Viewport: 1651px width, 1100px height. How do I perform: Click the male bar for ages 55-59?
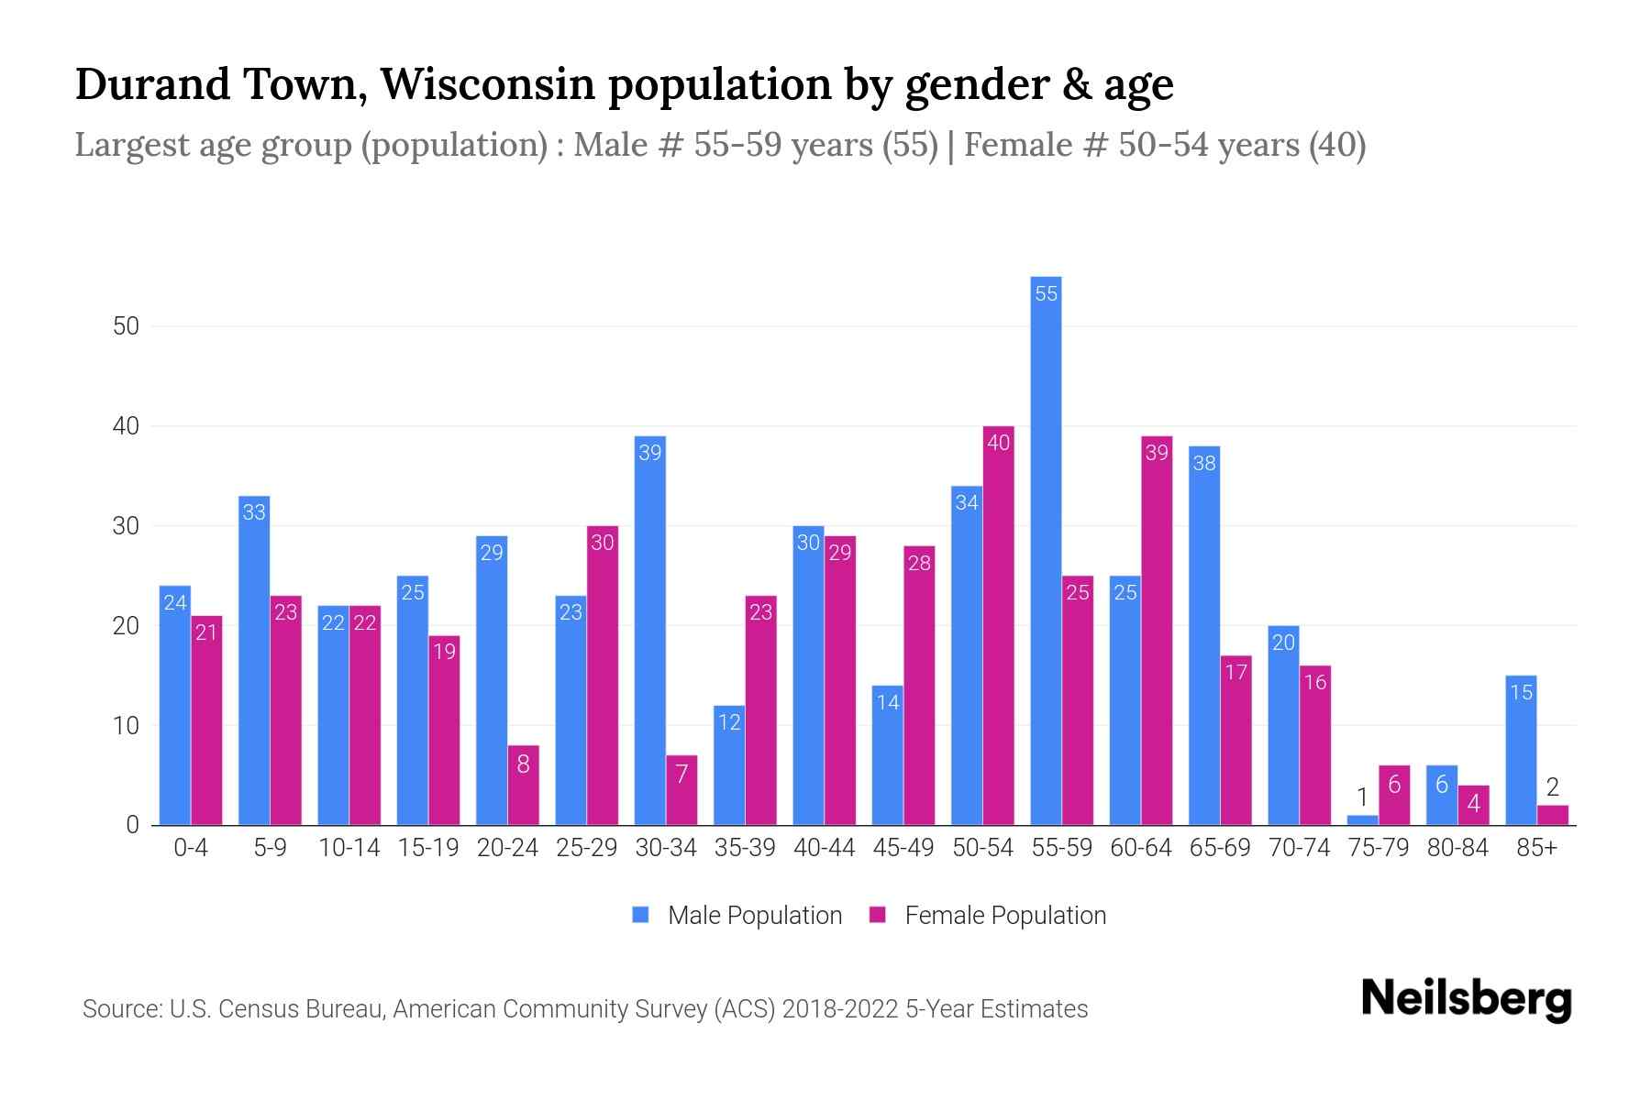[1046, 550]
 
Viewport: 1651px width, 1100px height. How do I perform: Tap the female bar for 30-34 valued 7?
[681, 790]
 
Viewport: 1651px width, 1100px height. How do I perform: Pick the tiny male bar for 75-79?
[1362, 820]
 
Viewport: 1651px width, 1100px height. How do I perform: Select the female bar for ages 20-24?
[523, 785]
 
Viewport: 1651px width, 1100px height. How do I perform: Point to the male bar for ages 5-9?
[254, 660]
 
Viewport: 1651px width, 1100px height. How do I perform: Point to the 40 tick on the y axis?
[126, 426]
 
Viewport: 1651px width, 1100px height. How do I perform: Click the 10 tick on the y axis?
[126, 726]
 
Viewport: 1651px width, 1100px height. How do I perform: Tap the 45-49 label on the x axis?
[903, 848]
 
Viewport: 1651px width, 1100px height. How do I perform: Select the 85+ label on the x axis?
[1536, 848]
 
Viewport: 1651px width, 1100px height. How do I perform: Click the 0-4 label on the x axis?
[191, 848]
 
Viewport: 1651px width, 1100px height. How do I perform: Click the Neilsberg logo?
[1466, 999]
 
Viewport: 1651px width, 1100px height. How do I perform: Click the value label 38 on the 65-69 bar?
[1204, 463]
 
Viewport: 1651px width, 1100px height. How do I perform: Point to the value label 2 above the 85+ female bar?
[1552, 786]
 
